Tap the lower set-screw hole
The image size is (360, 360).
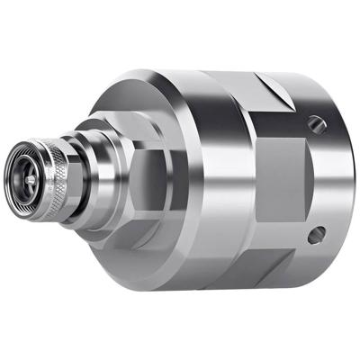[x=314, y=236]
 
